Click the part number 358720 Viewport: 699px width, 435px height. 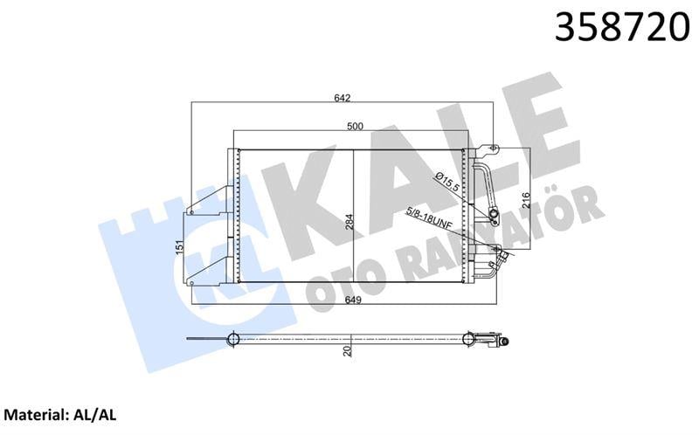[619, 29]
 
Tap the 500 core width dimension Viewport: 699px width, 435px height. [355, 127]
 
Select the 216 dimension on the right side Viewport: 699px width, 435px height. [524, 202]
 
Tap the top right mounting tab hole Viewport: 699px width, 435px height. [491, 149]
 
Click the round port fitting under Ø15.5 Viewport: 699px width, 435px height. [493, 214]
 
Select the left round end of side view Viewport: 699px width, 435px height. [233, 339]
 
